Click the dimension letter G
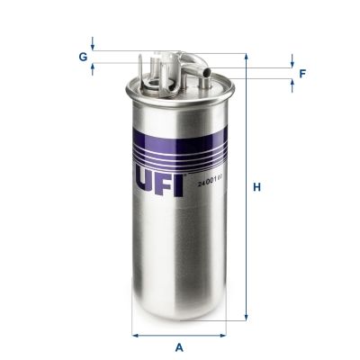point(83,56)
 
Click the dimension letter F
point(301,73)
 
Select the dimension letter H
point(256,187)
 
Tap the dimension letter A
point(179,346)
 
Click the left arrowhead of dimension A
point(136,335)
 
